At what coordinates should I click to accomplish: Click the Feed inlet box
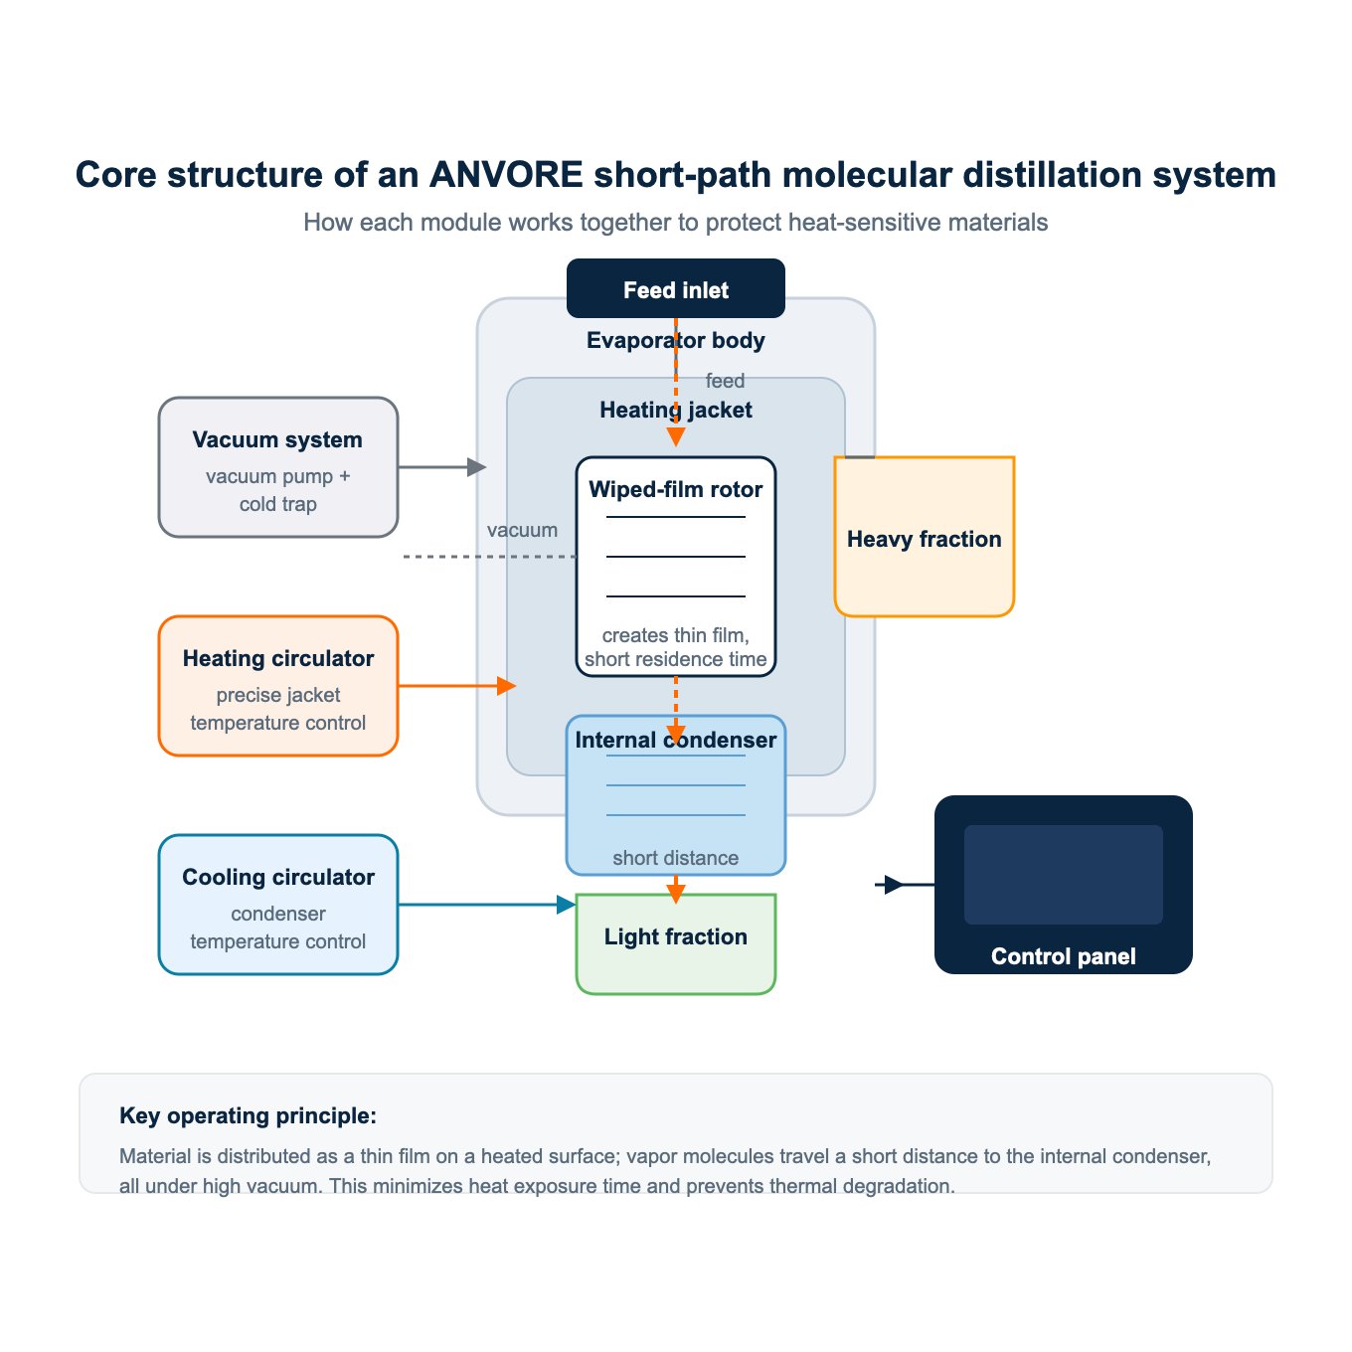pyautogui.click(x=675, y=288)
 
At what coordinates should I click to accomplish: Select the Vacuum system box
pyautogui.click(x=277, y=467)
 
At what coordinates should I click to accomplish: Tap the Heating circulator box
pyautogui.click(x=277, y=686)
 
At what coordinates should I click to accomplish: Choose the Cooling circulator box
pyautogui.click(x=277, y=905)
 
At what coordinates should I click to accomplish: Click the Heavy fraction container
pyautogui.click(x=924, y=537)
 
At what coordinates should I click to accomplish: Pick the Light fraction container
pyautogui.click(x=675, y=943)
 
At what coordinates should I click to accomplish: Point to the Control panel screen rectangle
pyautogui.click(x=1063, y=874)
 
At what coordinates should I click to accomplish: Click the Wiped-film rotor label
pyautogui.click(x=675, y=489)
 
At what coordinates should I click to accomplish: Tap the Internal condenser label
pyautogui.click(x=675, y=740)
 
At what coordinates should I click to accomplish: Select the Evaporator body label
pyautogui.click(x=675, y=340)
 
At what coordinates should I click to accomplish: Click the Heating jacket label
pyautogui.click(x=675, y=410)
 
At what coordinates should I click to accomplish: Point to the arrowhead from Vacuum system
pyautogui.click(x=477, y=467)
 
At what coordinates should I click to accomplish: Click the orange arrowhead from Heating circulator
pyautogui.click(x=507, y=686)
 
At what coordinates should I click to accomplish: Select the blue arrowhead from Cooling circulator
pyautogui.click(x=567, y=905)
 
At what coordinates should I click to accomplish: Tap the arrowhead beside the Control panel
pyautogui.click(x=894, y=885)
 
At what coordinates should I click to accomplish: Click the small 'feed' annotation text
pyautogui.click(x=725, y=381)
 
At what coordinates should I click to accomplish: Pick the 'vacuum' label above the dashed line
pyautogui.click(x=522, y=530)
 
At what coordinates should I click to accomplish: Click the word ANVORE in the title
pyautogui.click(x=506, y=175)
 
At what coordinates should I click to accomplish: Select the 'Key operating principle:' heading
pyautogui.click(x=248, y=1115)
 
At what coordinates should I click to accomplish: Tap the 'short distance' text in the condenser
pyautogui.click(x=675, y=857)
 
